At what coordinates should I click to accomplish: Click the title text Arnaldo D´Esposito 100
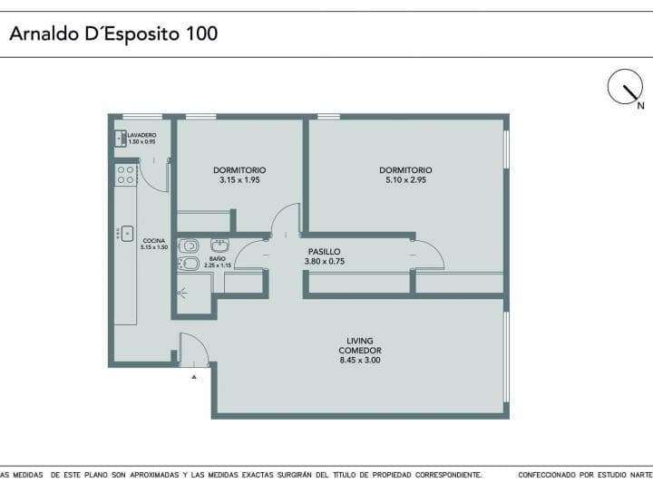(x=113, y=34)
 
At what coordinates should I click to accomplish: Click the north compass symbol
(x=625, y=87)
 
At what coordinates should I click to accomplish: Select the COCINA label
(x=153, y=240)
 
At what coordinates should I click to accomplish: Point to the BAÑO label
(x=217, y=258)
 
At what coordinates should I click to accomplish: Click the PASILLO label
(x=324, y=252)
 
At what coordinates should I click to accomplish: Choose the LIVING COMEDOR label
(x=359, y=345)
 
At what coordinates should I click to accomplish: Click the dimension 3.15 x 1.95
(x=239, y=180)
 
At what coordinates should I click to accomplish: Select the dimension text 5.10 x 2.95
(x=405, y=180)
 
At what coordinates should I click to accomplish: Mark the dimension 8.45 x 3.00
(x=359, y=360)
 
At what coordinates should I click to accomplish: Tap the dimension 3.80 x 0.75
(x=324, y=262)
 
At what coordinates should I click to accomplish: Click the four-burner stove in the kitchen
(x=125, y=174)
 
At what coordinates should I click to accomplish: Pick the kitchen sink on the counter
(x=127, y=233)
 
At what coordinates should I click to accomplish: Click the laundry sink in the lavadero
(x=120, y=139)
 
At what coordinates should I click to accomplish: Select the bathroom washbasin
(x=219, y=245)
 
